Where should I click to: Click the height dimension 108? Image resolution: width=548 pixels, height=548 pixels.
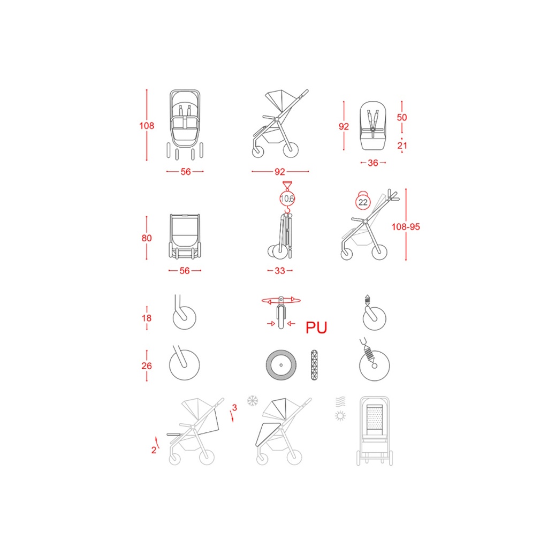coord(147,126)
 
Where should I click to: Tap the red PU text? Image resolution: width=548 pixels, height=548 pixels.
coord(316,328)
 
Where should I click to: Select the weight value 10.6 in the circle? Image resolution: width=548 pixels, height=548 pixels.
coord(287,199)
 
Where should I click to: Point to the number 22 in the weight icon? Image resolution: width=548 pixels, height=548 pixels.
coord(363,202)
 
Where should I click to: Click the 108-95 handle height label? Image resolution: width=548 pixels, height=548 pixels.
coord(406,227)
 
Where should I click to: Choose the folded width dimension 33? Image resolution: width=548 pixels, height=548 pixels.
coord(280,270)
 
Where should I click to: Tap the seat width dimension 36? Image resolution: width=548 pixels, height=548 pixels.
coord(373,163)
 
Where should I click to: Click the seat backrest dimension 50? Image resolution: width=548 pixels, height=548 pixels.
coord(402,117)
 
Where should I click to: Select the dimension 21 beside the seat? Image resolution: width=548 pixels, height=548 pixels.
coord(402,146)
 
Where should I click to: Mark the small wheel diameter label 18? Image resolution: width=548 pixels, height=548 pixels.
coord(147,318)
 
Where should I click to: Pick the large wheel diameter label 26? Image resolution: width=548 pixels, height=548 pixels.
coord(147,366)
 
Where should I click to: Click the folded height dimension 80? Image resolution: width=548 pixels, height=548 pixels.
coord(147,238)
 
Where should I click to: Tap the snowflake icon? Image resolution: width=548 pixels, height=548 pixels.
coord(253,401)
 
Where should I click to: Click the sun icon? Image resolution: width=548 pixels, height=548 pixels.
coord(340,416)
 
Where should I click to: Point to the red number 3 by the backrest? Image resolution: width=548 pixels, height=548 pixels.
coord(234,407)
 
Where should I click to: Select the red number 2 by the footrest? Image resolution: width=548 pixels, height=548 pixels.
coord(154,450)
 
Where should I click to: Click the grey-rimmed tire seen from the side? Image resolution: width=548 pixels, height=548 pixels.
coord(281,365)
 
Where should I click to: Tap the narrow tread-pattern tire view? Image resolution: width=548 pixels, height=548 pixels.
coord(314,365)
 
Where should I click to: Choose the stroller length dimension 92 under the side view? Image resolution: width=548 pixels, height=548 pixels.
coord(279,172)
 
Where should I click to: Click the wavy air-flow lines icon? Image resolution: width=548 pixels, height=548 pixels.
coord(341,401)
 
